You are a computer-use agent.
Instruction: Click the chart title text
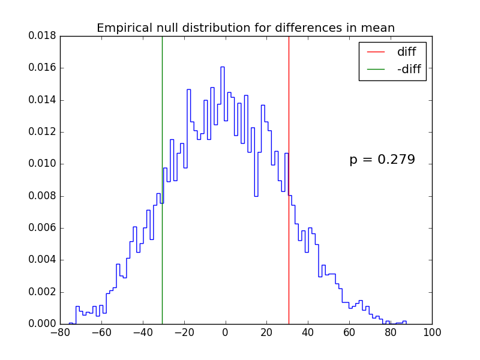245,28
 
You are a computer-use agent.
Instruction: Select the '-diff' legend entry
409,70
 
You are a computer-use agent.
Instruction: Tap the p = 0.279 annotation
382,160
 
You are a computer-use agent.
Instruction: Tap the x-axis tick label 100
432,332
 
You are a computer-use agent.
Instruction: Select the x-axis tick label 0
225,332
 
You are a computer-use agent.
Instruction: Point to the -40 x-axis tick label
142,332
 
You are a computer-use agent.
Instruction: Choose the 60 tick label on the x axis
349,332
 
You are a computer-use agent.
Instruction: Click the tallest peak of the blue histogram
222,67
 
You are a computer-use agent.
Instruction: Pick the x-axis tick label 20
266,332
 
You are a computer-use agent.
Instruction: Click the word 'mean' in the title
379,28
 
